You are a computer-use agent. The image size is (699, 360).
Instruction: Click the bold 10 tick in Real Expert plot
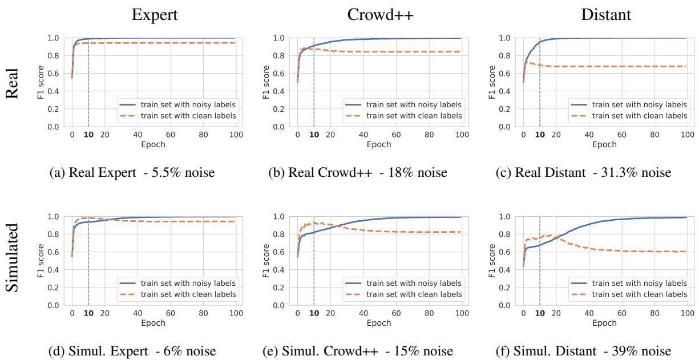point(88,135)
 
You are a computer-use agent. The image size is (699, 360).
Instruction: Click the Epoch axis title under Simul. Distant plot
point(605,322)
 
